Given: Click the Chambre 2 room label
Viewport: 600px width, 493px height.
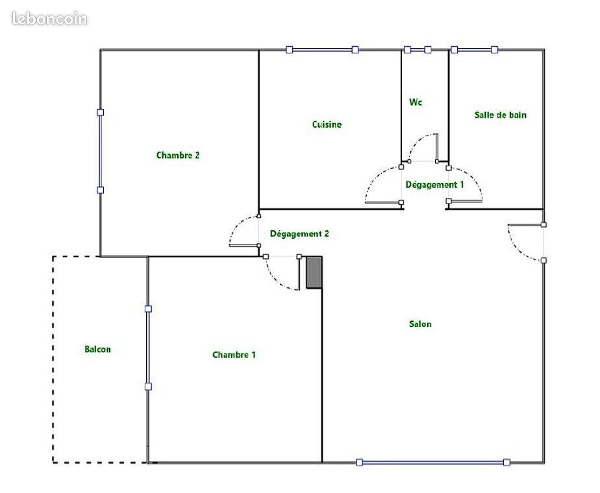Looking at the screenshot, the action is [x=178, y=155].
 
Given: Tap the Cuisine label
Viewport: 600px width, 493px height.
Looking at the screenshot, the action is [x=327, y=124].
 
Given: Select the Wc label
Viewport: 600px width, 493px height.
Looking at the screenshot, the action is [x=416, y=102].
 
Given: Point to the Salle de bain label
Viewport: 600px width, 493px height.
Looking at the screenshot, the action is [x=501, y=115].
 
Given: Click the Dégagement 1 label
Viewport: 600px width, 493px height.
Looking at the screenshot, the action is [x=434, y=185].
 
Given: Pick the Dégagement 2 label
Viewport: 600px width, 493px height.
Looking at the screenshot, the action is [x=299, y=234].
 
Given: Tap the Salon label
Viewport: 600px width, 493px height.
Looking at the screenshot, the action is [x=420, y=324].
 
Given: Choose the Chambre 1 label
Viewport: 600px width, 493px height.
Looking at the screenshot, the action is [x=234, y=355].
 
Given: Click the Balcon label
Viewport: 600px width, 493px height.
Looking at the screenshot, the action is [x=97, y=349].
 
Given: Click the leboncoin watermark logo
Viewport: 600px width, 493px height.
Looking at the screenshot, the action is [x=50, y=19].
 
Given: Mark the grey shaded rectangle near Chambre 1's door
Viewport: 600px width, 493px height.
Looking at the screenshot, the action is [x=314, y=272].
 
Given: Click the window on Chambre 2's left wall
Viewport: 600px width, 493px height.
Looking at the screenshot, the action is [x=100, y=151].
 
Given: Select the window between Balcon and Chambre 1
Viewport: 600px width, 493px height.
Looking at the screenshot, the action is [x=148, y=348].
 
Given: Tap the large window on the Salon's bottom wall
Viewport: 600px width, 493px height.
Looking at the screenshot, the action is [x=432, y=463].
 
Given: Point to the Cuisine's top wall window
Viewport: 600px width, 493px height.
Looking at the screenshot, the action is [x=322, y=50].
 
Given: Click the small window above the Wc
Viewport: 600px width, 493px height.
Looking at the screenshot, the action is [x=418, y=50].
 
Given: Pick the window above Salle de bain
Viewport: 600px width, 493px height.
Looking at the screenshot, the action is [x=474, y=50].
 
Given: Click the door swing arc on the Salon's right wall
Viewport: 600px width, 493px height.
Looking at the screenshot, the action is [x=517, y=248].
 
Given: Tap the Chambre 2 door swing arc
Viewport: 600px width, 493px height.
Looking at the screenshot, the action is [x=237, y=226].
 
